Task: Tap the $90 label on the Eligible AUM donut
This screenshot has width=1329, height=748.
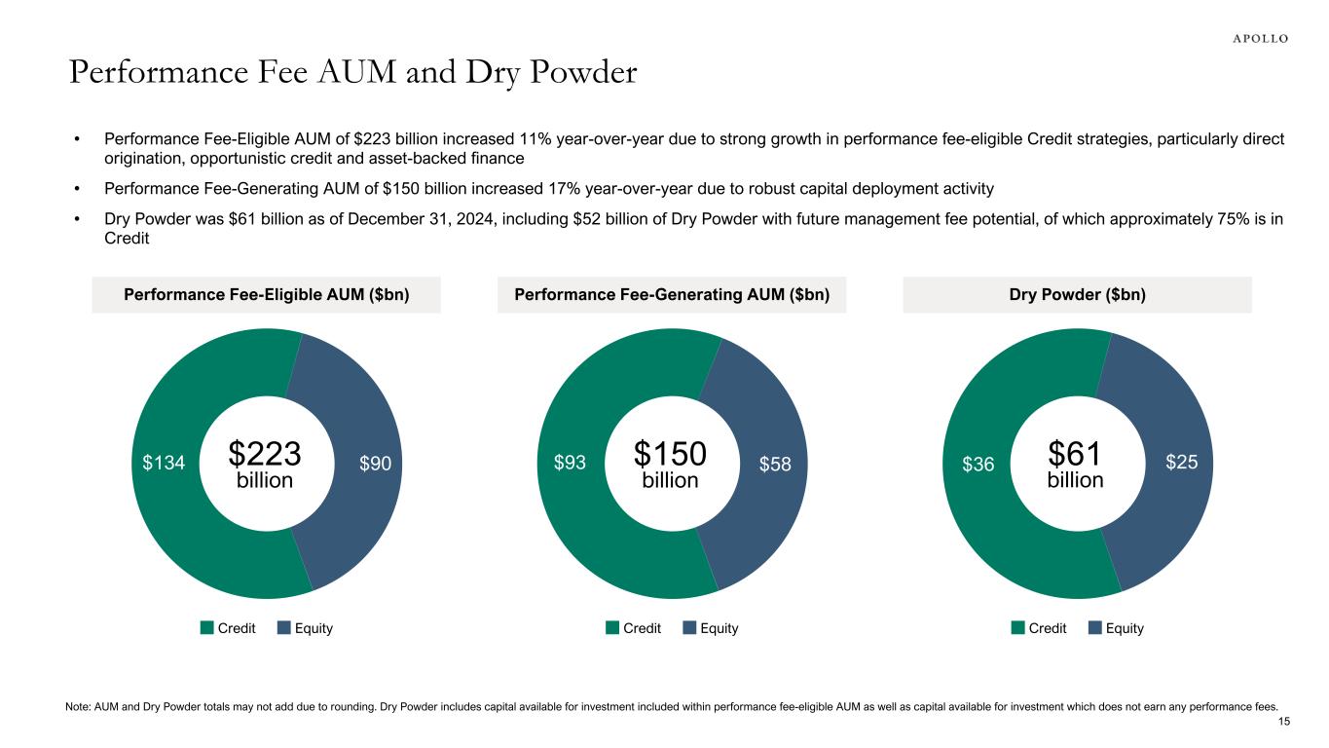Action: [375, 465]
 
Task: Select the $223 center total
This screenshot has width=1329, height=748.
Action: [265, 454]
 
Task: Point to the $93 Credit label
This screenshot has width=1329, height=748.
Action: [569, 465]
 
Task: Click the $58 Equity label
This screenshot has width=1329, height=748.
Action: [776, 465]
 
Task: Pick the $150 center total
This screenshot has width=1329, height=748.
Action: [670, 454]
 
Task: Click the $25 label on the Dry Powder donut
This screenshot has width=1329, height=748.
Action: [1182, 465]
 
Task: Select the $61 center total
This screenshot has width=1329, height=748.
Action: [1075, 454]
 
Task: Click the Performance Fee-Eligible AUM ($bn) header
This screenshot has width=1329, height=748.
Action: [266, 295]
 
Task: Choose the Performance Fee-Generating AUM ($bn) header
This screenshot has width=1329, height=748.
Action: [672, 295]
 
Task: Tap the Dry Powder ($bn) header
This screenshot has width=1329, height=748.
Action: [1077, 295]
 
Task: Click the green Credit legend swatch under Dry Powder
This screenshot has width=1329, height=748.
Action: [1017, 628]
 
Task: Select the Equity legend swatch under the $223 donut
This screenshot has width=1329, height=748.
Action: [284, 628]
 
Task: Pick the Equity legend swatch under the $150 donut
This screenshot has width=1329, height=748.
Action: [690, 628]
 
